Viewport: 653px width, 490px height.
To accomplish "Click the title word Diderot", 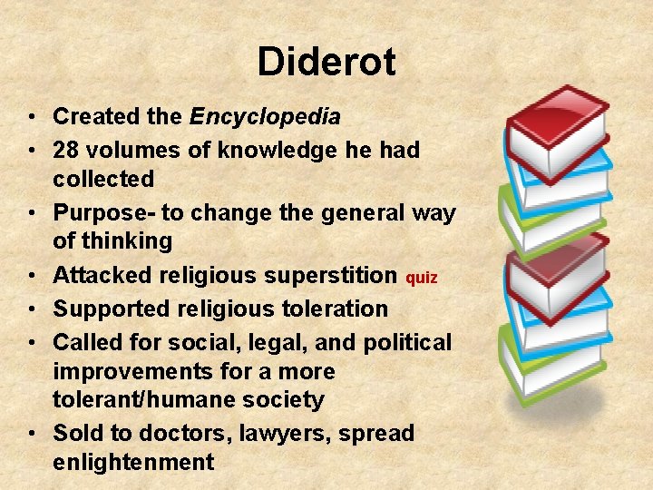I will click(x=326, y=63).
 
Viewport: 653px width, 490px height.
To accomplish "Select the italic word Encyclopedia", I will click(x=265, y=117).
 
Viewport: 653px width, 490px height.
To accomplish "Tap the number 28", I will click(x=67, y=150).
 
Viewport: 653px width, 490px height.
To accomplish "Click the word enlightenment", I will click(x=133, y=462).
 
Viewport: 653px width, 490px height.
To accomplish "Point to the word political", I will click(x=406, y=342).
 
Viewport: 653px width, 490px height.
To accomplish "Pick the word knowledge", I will click(x=264, y=150).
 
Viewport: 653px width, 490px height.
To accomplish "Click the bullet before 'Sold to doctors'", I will click(x=31, y=434).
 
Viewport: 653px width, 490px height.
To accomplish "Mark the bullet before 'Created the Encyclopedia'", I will click(x=31, y=117).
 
